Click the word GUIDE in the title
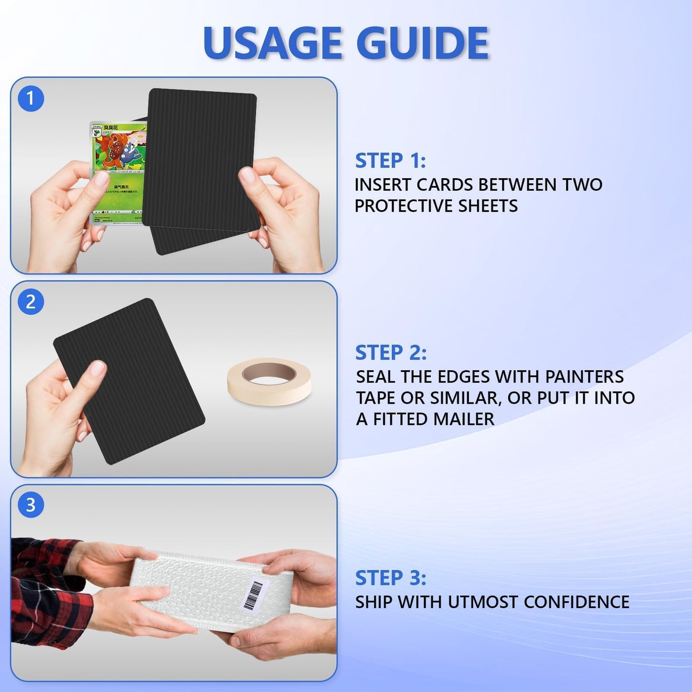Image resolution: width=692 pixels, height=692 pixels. [x=422, y=43]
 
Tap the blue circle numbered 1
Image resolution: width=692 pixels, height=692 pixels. [x=31, y=99]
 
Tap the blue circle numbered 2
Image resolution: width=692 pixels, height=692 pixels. [x=31, y=302]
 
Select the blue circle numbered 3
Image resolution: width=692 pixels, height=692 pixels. [x=31, y=505]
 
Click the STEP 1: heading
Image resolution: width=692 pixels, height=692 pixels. [x=390, y=161]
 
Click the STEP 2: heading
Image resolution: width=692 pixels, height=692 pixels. [x=390, y=353]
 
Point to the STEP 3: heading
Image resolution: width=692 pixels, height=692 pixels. [x=390, y=578]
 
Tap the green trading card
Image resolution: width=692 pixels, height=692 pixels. [x=117, y=172]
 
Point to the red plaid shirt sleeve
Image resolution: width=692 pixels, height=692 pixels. [x=48, y=589]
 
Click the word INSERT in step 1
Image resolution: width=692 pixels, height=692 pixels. [x=382, y=185]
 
